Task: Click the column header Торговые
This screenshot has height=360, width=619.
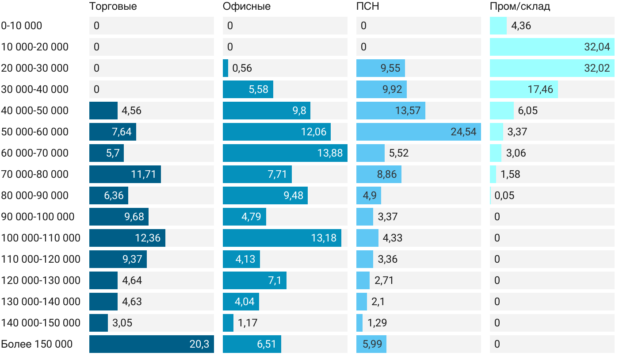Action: click(x=113, y=7)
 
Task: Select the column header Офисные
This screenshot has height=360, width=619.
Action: click(x=247, y=7)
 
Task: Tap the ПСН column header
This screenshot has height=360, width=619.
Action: click(x=368, y=7)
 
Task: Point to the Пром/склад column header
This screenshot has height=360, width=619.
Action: click(x=520, y=7)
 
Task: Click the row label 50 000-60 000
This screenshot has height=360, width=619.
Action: click(x=35, y=132)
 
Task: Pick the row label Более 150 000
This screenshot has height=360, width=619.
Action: click(x=37, y=344)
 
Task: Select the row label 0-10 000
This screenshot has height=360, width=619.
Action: click(x=22, y=26)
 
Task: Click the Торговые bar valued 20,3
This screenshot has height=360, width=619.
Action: click(x=151, y=344)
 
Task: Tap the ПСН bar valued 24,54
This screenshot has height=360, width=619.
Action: click(x=418, y=132)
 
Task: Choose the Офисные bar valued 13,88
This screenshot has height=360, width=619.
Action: click(x=285, y=153)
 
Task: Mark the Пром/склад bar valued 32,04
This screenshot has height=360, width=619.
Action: click(x=552, y=47)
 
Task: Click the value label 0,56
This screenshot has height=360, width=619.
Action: click(x=242, y=68)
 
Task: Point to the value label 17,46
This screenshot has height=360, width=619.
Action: click(x=540, y=89)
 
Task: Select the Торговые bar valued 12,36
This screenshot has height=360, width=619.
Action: click(x=127, y=238)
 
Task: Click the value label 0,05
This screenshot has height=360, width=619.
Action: click(x=504, y=195)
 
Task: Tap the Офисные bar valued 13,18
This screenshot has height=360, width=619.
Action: click(x=282, y=238)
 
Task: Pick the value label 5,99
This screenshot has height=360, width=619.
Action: click(x=371, y=344)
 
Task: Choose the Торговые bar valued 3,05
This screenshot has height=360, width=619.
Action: click(x=99, y=323)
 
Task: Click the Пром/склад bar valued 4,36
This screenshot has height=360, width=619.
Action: click(x=498, y=26)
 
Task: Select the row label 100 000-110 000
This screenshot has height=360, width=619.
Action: click(x=41, y=238)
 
